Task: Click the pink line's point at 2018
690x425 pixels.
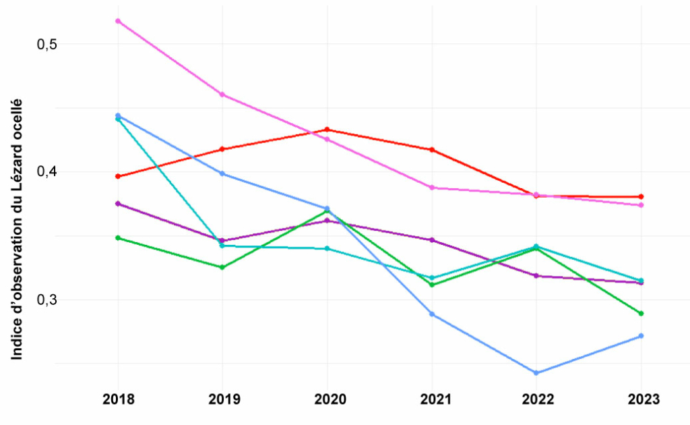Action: coord(118,21)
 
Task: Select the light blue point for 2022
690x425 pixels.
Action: coord(536,372)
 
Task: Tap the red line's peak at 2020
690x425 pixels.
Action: coord(327,130)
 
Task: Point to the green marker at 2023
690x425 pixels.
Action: coord(641,314)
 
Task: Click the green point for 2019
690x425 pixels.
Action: coord(222,267)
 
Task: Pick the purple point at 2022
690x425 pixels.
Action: coord(536,276)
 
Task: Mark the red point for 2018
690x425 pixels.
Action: coord(118,176)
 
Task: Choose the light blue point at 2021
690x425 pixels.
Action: coord(432,314)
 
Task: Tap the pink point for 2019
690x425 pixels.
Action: coord(222,94)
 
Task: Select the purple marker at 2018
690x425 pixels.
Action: coord(118,204)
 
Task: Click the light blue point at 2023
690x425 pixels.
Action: coord(641,336)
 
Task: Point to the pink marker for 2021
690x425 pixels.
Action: coord(432,188)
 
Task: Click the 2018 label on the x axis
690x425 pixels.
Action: coord(118,399)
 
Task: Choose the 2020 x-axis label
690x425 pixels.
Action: coord(327,399)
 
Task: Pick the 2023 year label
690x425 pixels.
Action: coord(641,399)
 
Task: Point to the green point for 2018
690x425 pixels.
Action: coord(118,237)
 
